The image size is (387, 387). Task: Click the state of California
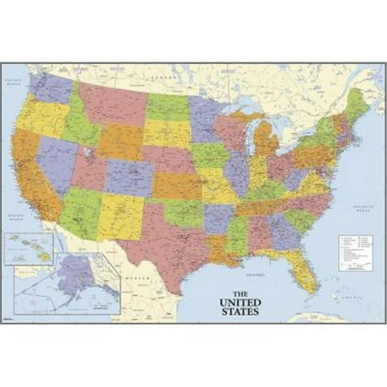(34, 176)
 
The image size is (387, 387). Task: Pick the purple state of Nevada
(57, 162)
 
